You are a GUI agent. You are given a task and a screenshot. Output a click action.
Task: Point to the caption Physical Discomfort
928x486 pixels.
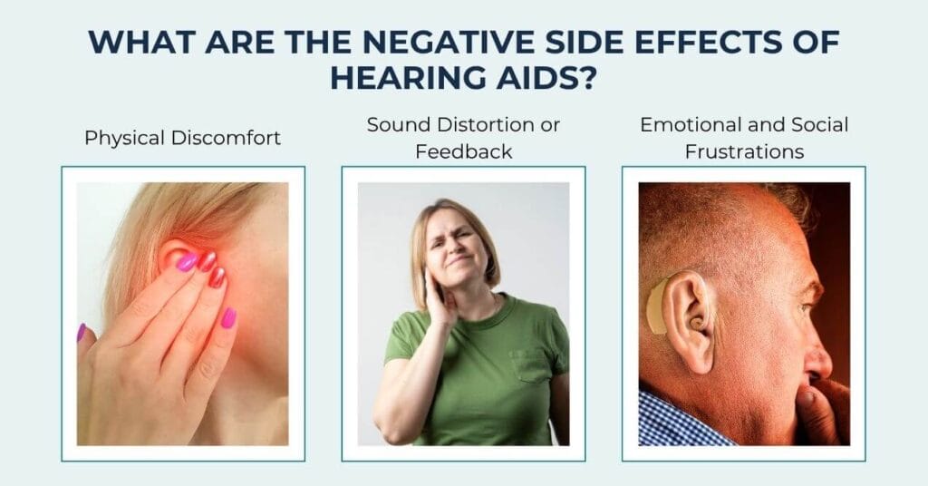point(182,138)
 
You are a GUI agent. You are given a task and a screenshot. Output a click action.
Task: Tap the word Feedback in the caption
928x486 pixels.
point(463,151)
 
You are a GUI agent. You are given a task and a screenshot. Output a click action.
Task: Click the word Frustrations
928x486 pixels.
point(744,151)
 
